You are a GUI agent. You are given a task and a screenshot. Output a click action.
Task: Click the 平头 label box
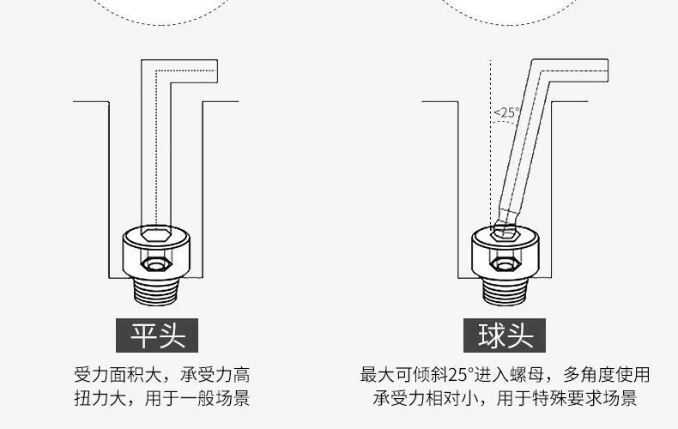click(157, 335)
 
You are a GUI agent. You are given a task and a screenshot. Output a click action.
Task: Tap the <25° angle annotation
click(506, 112)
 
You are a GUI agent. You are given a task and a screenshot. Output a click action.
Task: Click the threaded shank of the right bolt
click(505, 289)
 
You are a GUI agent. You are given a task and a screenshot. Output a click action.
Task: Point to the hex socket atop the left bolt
click(156, 236)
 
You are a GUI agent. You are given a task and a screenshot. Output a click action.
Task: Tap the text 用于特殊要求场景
click(566, 398)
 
